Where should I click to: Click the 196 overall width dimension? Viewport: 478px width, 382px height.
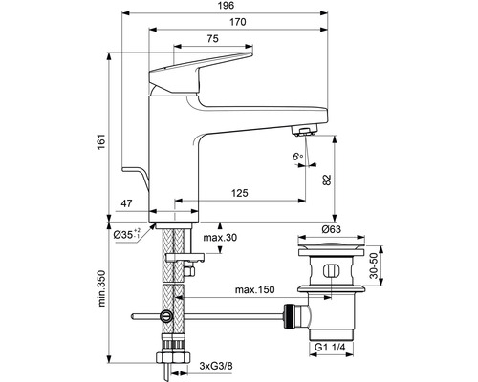click(227, 6)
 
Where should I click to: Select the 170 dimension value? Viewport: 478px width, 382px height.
click(238, 22)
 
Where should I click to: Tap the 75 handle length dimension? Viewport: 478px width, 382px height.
click(212, 38)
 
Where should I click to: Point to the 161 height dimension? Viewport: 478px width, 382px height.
click(101, 141)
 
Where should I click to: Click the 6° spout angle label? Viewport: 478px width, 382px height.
click(297, 157)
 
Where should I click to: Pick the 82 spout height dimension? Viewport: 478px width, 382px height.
click(327, 180)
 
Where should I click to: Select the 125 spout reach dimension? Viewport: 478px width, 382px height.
click(239, 193)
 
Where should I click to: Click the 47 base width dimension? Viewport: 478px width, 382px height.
click(126, 203)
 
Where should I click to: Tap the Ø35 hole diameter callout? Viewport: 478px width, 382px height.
click(127, 234)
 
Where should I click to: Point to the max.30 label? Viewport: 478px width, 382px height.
click(220, 237)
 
